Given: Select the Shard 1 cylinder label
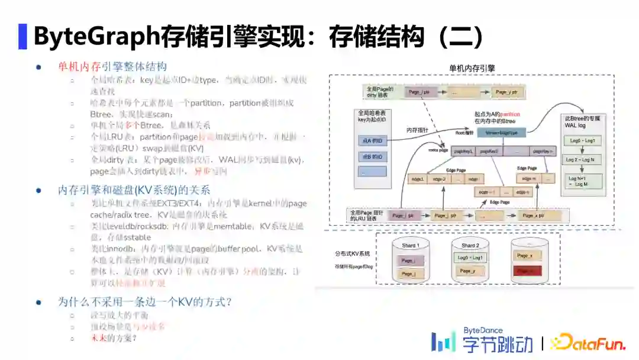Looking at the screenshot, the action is click(x=410, y=245).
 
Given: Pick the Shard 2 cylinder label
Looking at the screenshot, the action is click(x=470, y=245).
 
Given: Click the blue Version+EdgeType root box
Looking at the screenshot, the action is click(x=501, y=133).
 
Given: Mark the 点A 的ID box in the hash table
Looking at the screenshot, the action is click(x=372, y=140).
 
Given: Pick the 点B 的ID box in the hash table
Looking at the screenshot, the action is click(x=372, y=156).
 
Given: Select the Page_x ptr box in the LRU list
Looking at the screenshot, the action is click(x=533, y=216).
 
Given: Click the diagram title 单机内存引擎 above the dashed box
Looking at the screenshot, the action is click(x=472, y=68).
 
